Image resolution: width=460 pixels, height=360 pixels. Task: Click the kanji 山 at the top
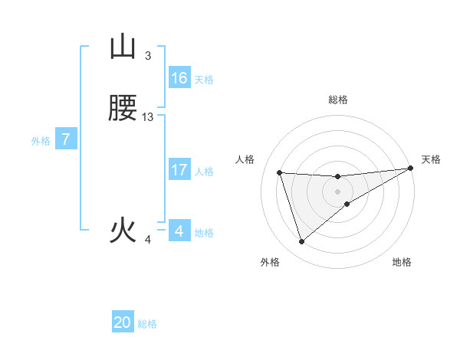point(123,47)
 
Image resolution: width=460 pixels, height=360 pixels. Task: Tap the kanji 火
point(123,231)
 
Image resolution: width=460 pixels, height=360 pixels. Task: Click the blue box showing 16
point(179,78)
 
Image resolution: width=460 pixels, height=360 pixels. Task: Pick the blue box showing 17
point(179,170)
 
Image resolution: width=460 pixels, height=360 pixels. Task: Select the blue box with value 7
point(66,140)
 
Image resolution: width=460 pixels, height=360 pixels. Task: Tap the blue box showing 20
point(123,322)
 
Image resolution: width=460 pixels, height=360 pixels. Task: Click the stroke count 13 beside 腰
point(148,116)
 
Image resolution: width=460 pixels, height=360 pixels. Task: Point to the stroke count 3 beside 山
point(148,55)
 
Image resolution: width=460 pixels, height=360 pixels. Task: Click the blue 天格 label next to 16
point(204,79)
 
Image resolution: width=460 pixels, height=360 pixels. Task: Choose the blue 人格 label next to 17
point(204,171)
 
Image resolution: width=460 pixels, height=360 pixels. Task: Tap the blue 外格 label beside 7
point(40,141)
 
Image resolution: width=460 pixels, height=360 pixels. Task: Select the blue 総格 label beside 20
point(147,323)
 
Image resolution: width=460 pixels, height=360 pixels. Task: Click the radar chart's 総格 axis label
point(338,100)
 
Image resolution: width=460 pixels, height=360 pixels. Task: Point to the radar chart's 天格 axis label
point(431,159)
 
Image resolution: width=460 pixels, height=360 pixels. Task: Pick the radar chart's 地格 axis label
point(402,262)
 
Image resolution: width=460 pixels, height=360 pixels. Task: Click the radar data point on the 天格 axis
point(411,169)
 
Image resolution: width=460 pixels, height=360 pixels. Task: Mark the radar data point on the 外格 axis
point(301,242)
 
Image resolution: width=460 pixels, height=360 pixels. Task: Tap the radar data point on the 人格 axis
point(280,172)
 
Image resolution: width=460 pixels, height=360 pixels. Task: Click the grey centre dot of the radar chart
point(338,191)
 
